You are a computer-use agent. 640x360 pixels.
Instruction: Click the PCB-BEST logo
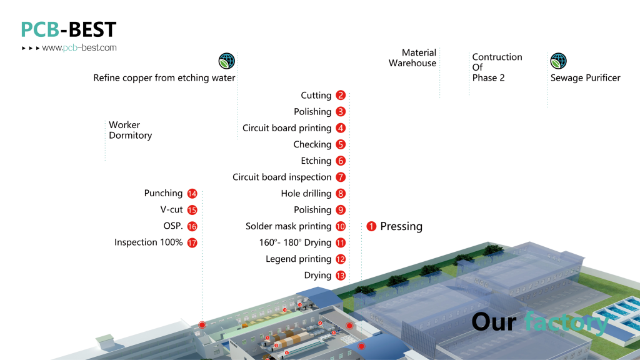point(69,29)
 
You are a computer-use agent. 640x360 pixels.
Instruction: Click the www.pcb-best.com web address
point(79,47)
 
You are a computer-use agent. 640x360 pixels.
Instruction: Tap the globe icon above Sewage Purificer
point(558,61)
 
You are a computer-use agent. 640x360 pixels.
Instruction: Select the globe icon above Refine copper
point(226,61)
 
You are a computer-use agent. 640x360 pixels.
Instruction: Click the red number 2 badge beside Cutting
point(341,96)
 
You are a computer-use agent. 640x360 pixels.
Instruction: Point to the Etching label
point(316,161)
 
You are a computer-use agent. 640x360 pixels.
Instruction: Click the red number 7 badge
point(341,177)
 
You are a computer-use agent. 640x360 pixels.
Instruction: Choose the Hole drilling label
point(306,194)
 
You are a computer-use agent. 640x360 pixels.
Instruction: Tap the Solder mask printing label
point(288,226)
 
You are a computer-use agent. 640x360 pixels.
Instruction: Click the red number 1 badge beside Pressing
point(371,226)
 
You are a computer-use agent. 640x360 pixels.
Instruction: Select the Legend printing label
point(298,259)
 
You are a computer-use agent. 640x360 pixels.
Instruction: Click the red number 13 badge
point(341,276)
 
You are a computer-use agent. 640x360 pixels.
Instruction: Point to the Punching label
point(163,194)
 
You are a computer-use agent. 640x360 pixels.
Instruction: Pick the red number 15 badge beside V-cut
point(192,210)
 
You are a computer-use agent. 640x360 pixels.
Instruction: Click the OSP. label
point(173,226)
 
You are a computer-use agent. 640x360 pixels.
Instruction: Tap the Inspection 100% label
point(149,242)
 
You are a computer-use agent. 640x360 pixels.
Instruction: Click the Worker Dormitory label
point(130,130)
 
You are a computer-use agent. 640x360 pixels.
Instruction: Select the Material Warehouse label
point(412,58)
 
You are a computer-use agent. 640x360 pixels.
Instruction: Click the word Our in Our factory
point(494,322)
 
